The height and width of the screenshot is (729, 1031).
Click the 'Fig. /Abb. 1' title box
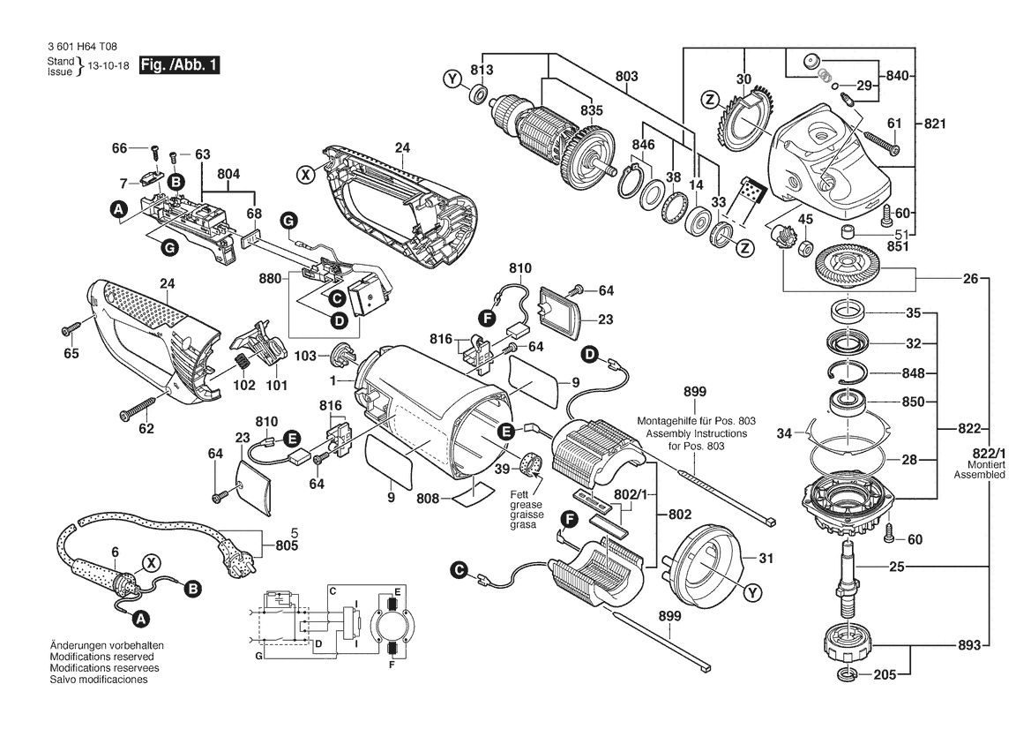tap(178, 65)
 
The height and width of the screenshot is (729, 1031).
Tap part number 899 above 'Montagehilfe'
tap(695, 391)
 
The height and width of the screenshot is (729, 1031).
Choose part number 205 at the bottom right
tap(885, 676)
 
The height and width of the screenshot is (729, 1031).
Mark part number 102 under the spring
tap(243, 386)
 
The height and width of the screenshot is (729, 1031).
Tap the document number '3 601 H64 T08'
tap(80, 49)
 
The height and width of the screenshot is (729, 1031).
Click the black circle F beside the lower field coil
tap(568, 521)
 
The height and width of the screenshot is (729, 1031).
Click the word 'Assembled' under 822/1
tap(979, 475)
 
